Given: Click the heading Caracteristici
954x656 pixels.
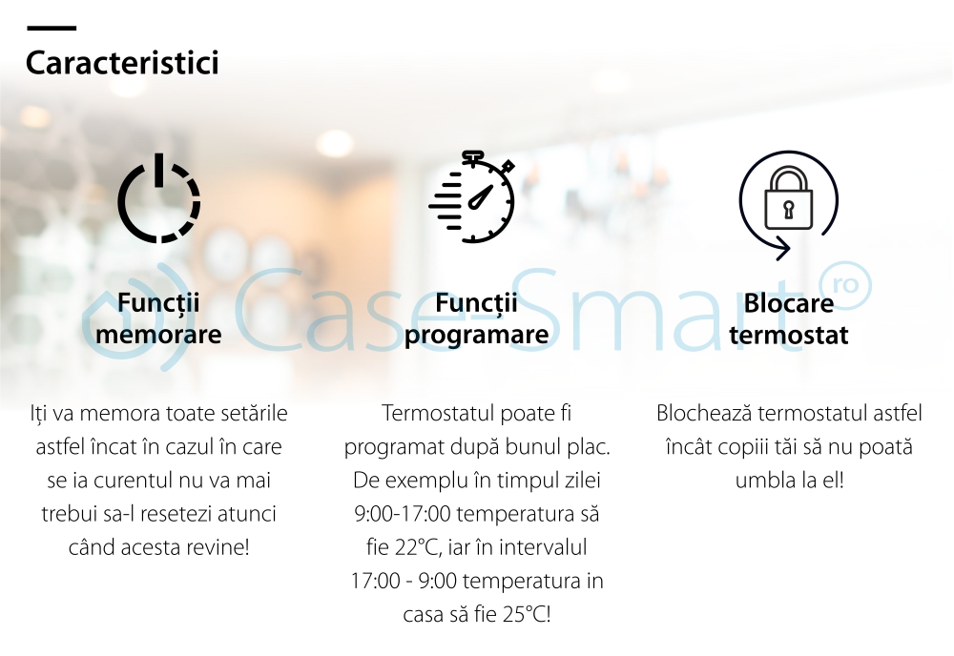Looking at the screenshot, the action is click(122, 63).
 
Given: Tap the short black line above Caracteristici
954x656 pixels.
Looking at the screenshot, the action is click(52, 28).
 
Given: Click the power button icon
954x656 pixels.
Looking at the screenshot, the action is click(158, 198).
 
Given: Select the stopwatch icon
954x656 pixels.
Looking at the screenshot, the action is click(472, 196).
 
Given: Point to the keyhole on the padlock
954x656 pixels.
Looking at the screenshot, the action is click(789, 210).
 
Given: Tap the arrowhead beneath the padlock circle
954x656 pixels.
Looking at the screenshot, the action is click(782, 248).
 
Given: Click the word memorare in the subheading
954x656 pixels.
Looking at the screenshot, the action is click(158, 335).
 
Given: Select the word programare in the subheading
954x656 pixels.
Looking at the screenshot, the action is click(476, 336).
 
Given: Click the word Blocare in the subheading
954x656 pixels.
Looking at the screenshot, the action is click(789, 303).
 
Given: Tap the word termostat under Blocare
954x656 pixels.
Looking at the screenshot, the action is click(789, 335).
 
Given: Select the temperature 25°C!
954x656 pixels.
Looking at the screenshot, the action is click(527, 614).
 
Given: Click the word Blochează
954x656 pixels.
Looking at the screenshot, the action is click(704, 414).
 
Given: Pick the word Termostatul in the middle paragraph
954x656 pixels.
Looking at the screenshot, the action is click(436, 414).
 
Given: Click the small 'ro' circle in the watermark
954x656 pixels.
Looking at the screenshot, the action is click(845, 284).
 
